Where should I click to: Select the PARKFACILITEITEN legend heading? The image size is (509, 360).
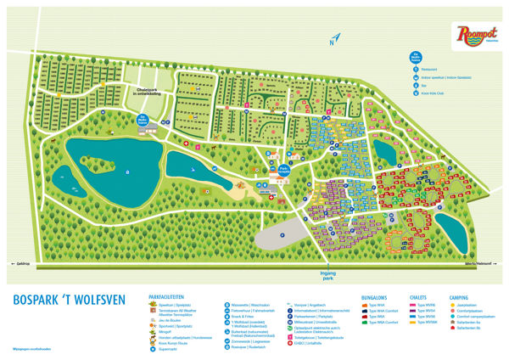168,296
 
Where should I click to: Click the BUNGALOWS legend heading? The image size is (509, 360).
374,296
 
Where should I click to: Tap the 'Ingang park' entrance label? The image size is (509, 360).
327,274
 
